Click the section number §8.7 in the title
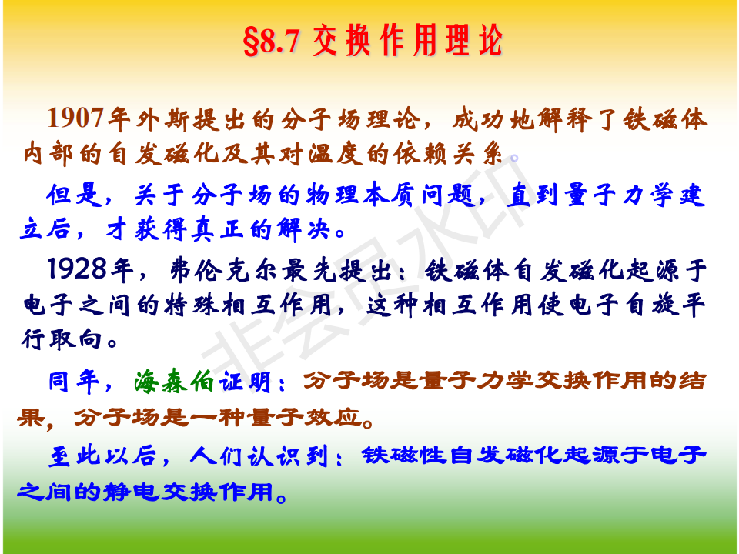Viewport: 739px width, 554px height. pyautogui.click(x=272, y=41)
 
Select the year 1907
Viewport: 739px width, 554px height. pyautogui.click(x=75, y=118)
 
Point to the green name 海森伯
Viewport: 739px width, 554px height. pyautogui.click(x=174, y=382)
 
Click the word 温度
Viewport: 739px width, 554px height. pyautogui.click(x=336, y=154)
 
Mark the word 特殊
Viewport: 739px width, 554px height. pyautogui.click(x=192, y=305)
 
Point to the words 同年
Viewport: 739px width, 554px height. pyautogui.click(x=74, y=382)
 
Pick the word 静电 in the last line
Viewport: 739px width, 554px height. pyautogui.click(x=131, y=492)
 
